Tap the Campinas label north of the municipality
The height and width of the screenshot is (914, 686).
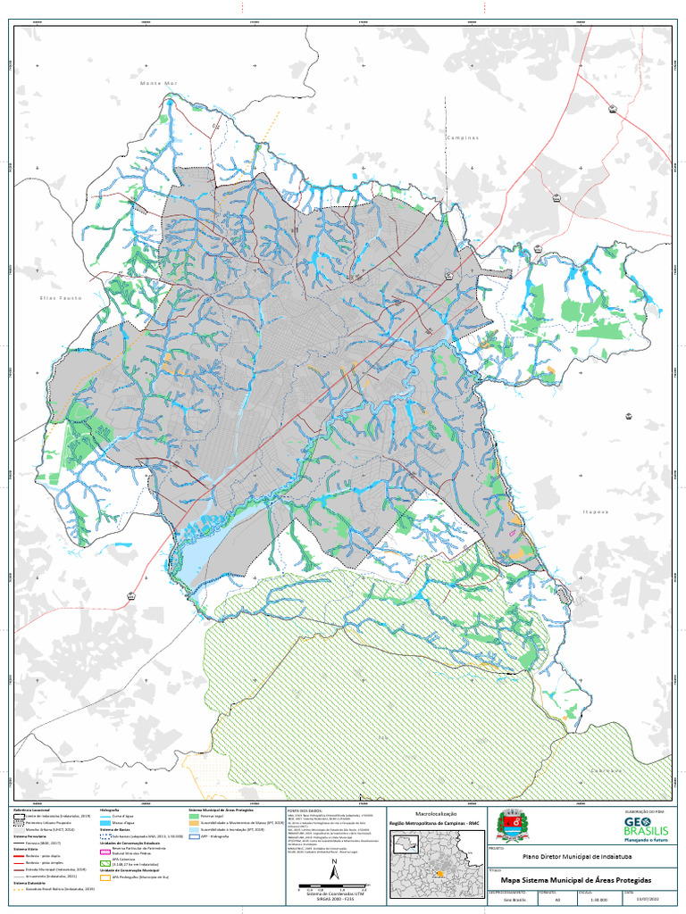pos(463,138)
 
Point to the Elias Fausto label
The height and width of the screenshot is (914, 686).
pos(61,297)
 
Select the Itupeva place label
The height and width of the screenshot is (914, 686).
pos(596,512)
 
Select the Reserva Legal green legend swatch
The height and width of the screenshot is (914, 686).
pos(194,816)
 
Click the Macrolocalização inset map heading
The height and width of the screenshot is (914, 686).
pos(432,812)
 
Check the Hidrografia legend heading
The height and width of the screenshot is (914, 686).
pos(109,809)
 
